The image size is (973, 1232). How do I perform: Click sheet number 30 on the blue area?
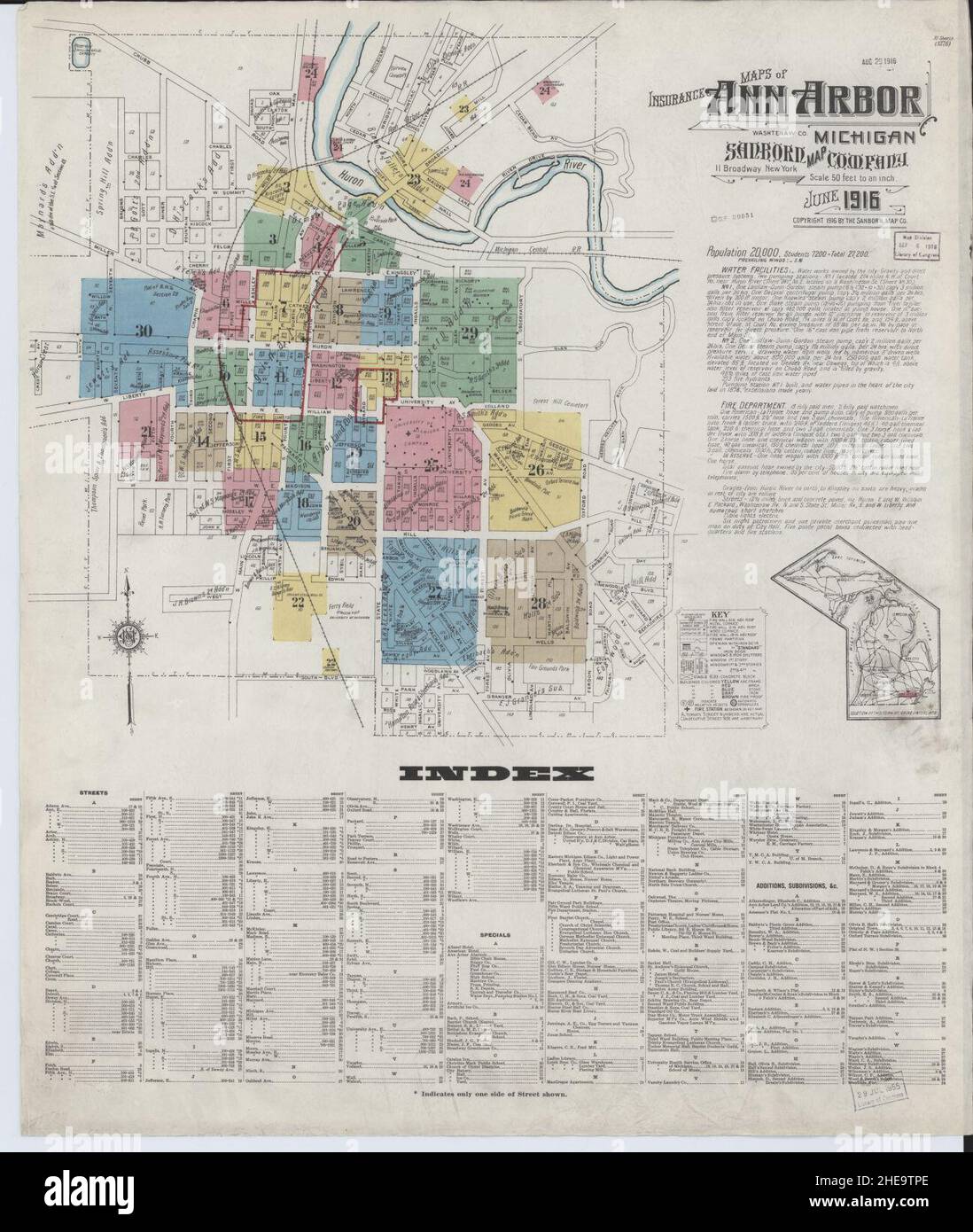(x=144, y=331)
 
